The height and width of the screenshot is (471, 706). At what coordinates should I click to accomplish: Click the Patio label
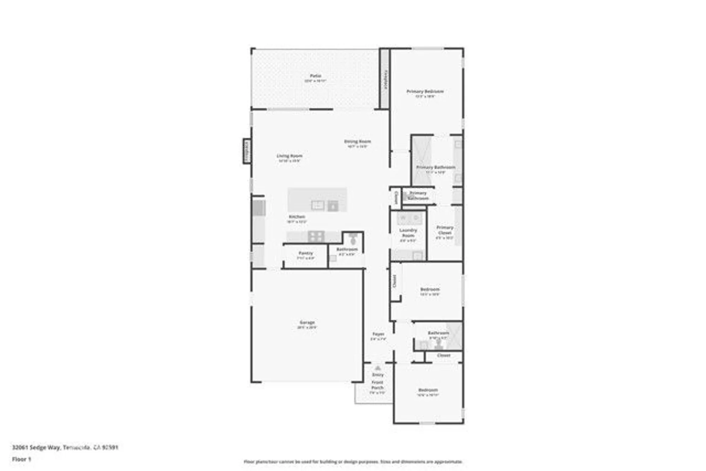(x=315, y=76)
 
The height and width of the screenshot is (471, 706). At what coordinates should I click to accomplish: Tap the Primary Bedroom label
(x=425, y=91)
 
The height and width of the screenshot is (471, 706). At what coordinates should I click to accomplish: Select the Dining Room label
(x=357, y=142)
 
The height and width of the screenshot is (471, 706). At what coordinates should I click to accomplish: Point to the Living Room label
(x=289, y=156)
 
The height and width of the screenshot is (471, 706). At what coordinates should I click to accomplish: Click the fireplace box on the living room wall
(x=247, y=151)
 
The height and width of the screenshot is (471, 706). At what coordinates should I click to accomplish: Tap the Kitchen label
(x=297, y=217)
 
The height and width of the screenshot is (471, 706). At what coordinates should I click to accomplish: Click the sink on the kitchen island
(x=317, y=205)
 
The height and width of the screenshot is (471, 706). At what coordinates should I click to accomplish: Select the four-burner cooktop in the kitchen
(x=316, y=236)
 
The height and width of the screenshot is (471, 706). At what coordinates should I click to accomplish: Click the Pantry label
(x=306, y=253)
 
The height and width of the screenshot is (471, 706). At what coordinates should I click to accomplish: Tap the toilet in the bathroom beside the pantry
(x=353, y=239)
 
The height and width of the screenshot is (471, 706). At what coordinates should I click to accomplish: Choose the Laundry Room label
(x=408, y=233)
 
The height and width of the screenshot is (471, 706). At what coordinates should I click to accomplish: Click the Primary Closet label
(x=444, y=230)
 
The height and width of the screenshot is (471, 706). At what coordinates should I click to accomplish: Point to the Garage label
(x=307, y=322)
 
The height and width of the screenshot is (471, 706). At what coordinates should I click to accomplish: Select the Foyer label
(x=378, y=334)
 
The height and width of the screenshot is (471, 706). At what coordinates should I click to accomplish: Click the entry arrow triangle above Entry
(x=378, y=368)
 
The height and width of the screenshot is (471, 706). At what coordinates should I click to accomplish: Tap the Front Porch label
(x=377, y=385)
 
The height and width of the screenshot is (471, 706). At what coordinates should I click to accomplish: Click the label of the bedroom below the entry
(x=428, y=390)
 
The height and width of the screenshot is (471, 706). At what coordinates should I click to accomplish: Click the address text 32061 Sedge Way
(x=37, y=447)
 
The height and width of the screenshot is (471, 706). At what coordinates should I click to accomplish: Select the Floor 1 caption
(x=22, y=459)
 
